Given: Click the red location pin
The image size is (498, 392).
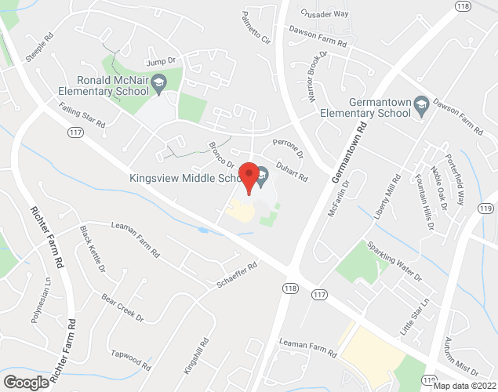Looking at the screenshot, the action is [x=249, y=176].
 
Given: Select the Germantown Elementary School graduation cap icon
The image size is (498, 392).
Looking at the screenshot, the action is [x=421, y=103].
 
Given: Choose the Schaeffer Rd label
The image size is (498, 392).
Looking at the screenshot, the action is [x=236, y=274].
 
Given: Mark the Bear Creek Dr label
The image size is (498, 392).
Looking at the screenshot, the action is [x=123, y=308].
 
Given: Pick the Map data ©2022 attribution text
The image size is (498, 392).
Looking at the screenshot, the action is [x=463, y=385].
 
